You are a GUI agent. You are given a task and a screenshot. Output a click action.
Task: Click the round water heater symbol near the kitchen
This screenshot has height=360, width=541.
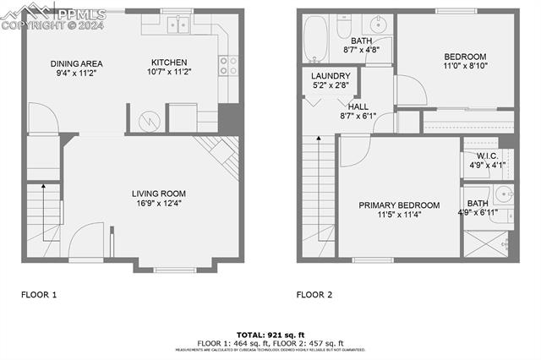click(150, 120)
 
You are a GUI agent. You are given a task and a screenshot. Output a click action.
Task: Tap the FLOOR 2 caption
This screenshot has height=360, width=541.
click(314, 295)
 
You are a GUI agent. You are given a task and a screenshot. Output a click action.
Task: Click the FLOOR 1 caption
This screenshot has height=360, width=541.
click(39, 295)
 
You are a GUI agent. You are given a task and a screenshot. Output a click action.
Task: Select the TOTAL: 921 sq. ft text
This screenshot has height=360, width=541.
click(270, 335)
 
